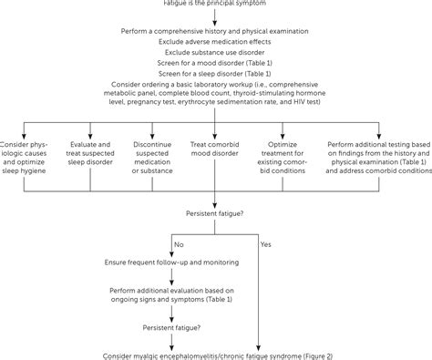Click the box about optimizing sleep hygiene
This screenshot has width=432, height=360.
point(28,156)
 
